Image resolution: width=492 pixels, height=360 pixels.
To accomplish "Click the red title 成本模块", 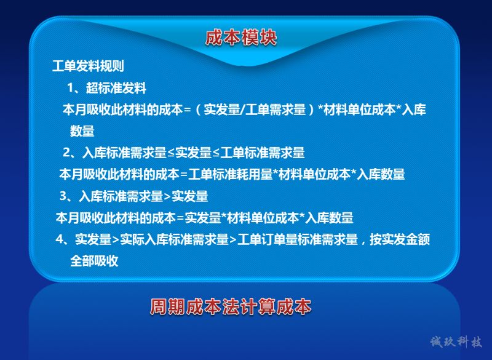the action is click(241, 38).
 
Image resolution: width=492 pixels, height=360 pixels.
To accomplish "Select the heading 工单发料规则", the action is click(88, 66).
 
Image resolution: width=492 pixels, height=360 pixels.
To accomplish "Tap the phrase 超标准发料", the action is click(116, 88).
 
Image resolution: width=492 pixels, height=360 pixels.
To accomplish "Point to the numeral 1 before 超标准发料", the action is click(71, 88).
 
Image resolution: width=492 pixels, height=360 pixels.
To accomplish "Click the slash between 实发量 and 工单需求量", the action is click(242, 110).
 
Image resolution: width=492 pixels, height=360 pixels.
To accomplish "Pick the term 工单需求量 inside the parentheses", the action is click(276, 110).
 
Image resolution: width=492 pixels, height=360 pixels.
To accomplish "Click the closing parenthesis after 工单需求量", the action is click(311, 110).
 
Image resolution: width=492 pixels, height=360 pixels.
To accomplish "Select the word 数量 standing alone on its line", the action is click(82, 131).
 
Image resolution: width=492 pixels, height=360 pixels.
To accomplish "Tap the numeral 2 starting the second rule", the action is click(66, 153).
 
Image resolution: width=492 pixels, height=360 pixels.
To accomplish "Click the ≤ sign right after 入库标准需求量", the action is click(171, 153).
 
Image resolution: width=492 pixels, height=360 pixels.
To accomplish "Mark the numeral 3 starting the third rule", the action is click(63, 196).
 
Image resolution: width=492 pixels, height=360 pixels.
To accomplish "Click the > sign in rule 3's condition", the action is click(167, 196).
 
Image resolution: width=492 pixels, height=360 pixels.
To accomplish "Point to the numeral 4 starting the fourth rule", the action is click(59, 239).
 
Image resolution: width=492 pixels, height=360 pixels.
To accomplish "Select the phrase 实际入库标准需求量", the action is click(175, 239).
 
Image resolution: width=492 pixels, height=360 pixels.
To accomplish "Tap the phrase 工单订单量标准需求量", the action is click(298, 239).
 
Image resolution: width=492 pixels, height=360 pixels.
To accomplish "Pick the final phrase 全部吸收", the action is click(94, 261).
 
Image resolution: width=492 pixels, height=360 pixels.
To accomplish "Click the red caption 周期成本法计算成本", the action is click(231, 306).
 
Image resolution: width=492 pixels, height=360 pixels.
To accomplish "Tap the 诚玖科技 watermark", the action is click(456, 342).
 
